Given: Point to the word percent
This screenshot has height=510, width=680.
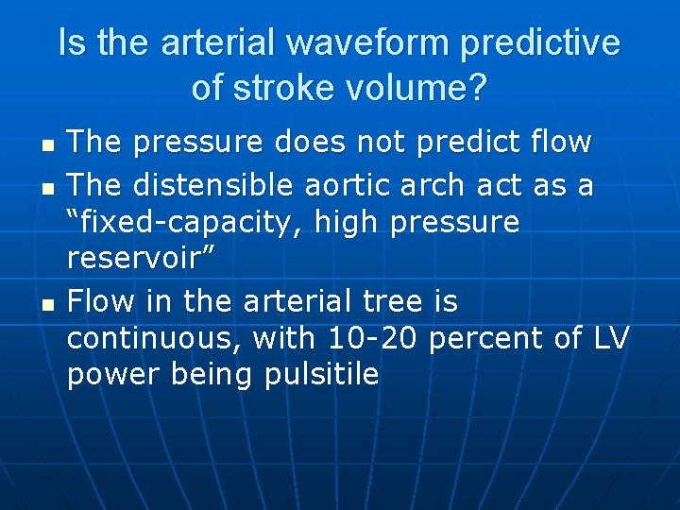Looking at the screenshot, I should pyautogui.click(x=486, y=338).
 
